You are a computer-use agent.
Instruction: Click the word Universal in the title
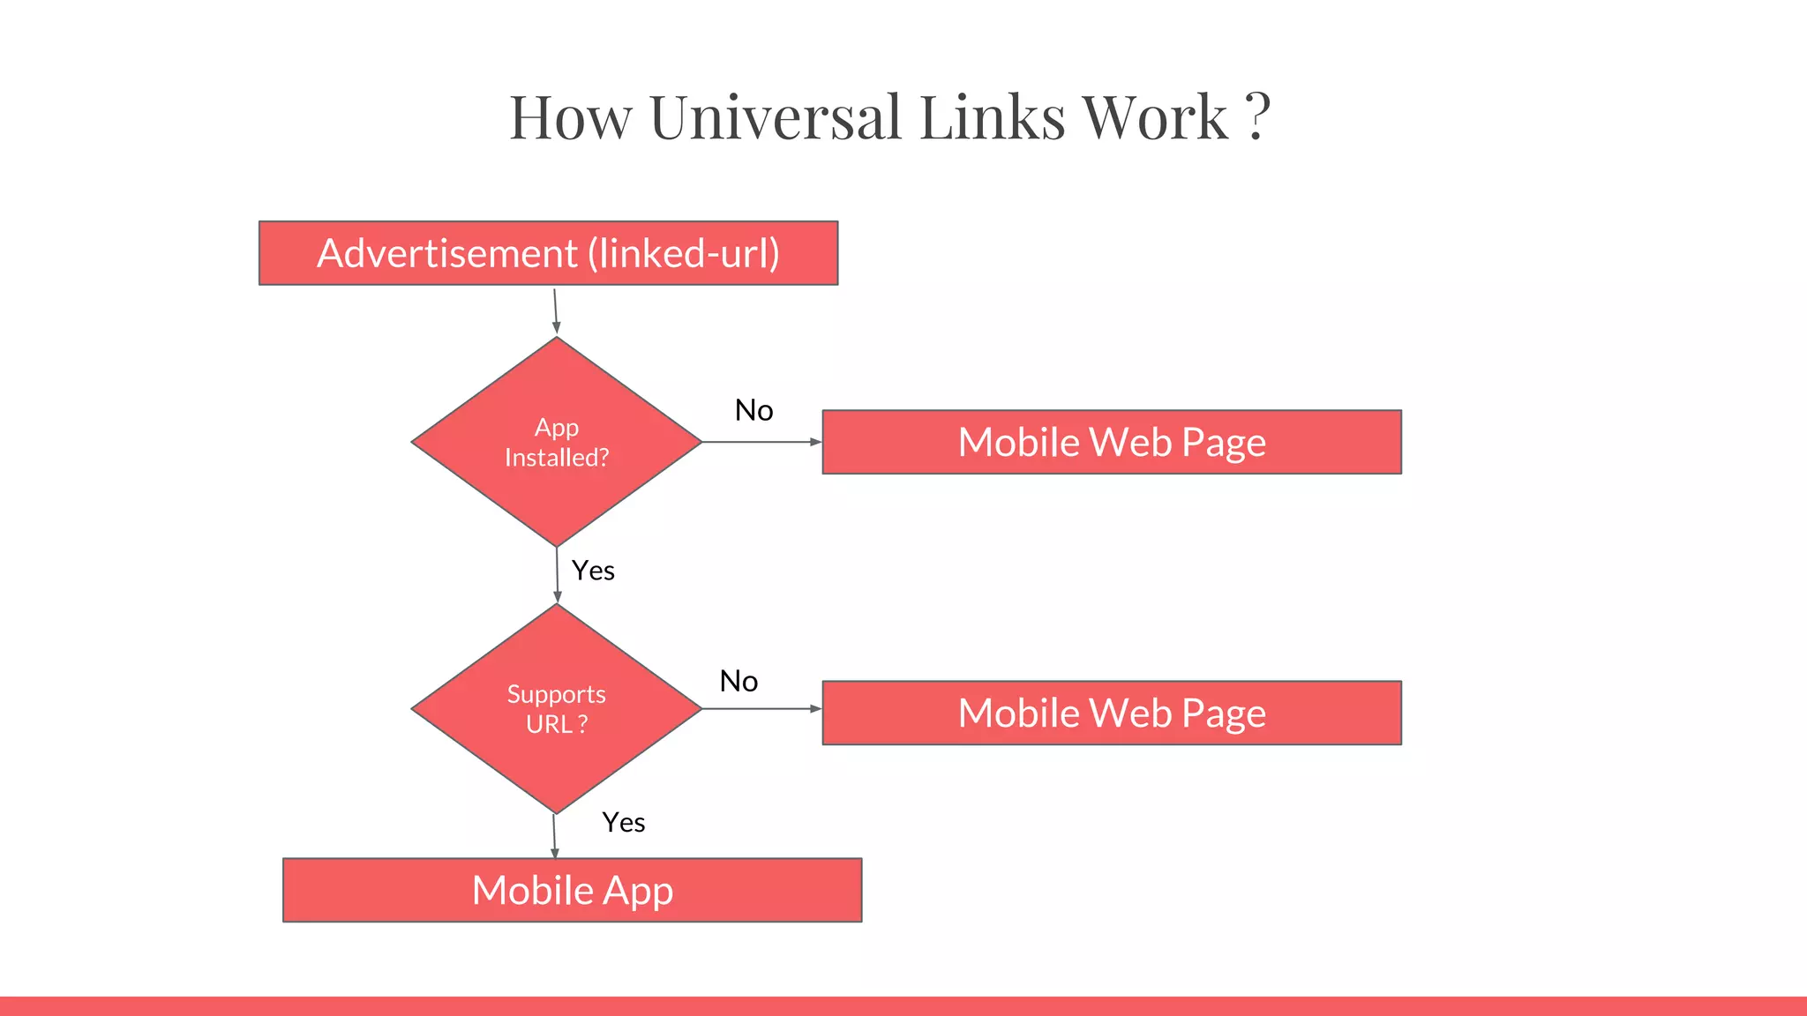(775, 117)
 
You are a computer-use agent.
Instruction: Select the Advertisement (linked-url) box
(548, 253)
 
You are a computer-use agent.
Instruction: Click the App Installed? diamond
(557, 442)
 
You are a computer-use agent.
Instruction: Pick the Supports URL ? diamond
(557, 708)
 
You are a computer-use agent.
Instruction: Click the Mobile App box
(572, 890)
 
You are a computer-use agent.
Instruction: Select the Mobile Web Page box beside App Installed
(1112, 442)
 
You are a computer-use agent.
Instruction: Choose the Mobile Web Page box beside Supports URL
(1112, 713)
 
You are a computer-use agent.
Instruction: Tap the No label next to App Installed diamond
(754, 410)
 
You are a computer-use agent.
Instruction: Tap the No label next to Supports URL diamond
(739, 681)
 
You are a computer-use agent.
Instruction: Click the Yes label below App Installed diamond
(593, 571)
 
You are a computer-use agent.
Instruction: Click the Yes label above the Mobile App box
(623, 823)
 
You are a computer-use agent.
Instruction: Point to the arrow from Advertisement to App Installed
(556, 310)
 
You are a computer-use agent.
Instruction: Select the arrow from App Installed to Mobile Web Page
(761, 442)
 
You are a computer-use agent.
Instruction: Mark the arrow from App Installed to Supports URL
(558, 575)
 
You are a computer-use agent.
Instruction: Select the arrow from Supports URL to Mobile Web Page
(761, 708)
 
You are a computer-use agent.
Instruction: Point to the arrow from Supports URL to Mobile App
(554, 835)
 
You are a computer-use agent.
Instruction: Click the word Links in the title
(992, 117)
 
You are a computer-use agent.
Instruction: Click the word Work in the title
(1155, 117)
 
